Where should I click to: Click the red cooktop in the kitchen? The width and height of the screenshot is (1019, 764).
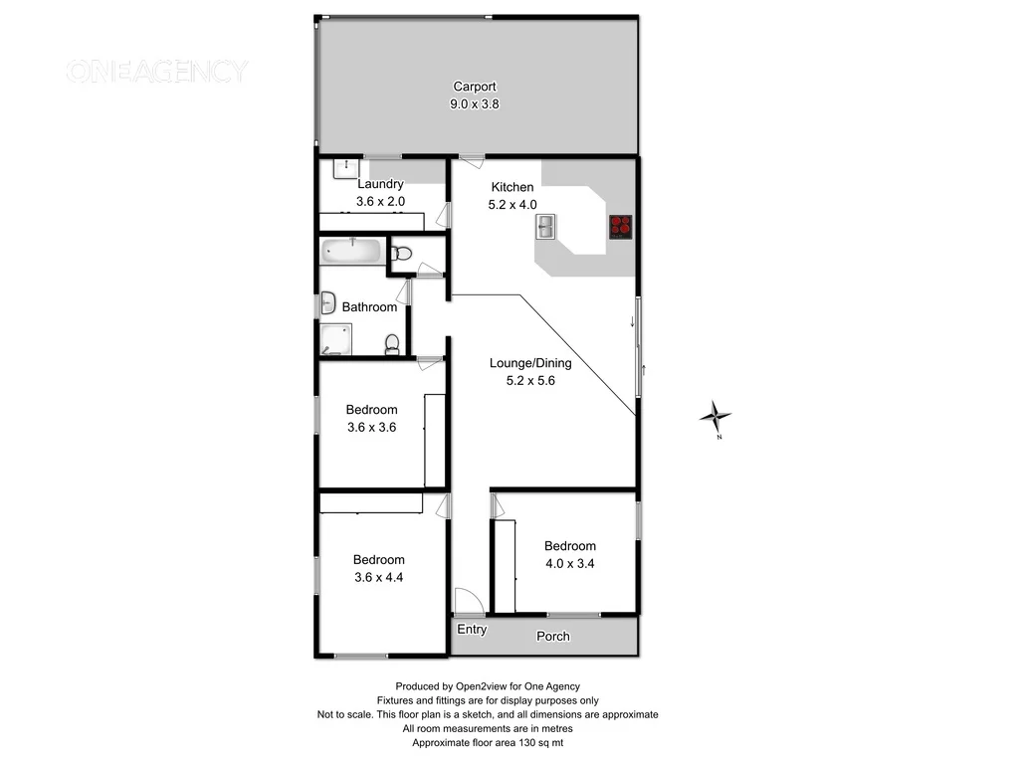[621, 227]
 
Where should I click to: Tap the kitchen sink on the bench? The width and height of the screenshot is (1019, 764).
[546, 229]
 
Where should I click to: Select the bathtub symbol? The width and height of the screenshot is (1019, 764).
[351, 252]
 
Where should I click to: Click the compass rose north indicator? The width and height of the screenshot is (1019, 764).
[715, 416]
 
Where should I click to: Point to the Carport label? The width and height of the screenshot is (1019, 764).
[475, 87]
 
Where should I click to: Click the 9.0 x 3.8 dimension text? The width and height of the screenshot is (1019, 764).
[475, 102]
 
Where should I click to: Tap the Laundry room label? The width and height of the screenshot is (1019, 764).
[380, 184]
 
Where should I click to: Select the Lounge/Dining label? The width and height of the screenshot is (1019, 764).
[530, 363]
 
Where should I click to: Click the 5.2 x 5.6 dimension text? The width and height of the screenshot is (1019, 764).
[530, 379]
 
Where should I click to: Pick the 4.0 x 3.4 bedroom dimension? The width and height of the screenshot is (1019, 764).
[570, 562]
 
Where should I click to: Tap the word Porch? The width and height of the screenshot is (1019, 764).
[553, 636]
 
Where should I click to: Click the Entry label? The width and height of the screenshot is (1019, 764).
[472, 629]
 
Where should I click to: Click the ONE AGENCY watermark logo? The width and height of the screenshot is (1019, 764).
[156, 72]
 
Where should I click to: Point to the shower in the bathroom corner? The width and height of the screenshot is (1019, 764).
[335, 339]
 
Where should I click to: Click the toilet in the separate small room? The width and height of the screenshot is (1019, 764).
[403, 254]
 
